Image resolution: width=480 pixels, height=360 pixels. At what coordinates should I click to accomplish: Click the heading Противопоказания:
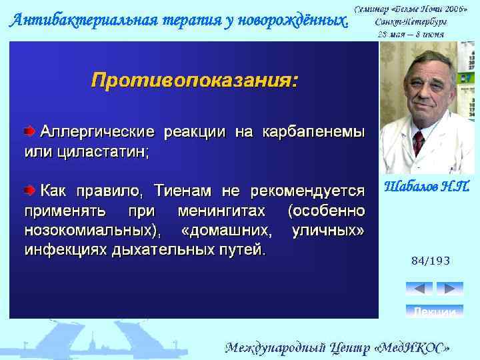195,81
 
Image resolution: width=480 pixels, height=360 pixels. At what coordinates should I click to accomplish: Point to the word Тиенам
183,191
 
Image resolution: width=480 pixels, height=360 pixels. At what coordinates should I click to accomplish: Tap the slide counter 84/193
430,261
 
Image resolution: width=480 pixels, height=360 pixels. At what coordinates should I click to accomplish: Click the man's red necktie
418,142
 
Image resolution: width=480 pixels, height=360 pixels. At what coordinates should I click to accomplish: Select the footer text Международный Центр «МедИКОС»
337,347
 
